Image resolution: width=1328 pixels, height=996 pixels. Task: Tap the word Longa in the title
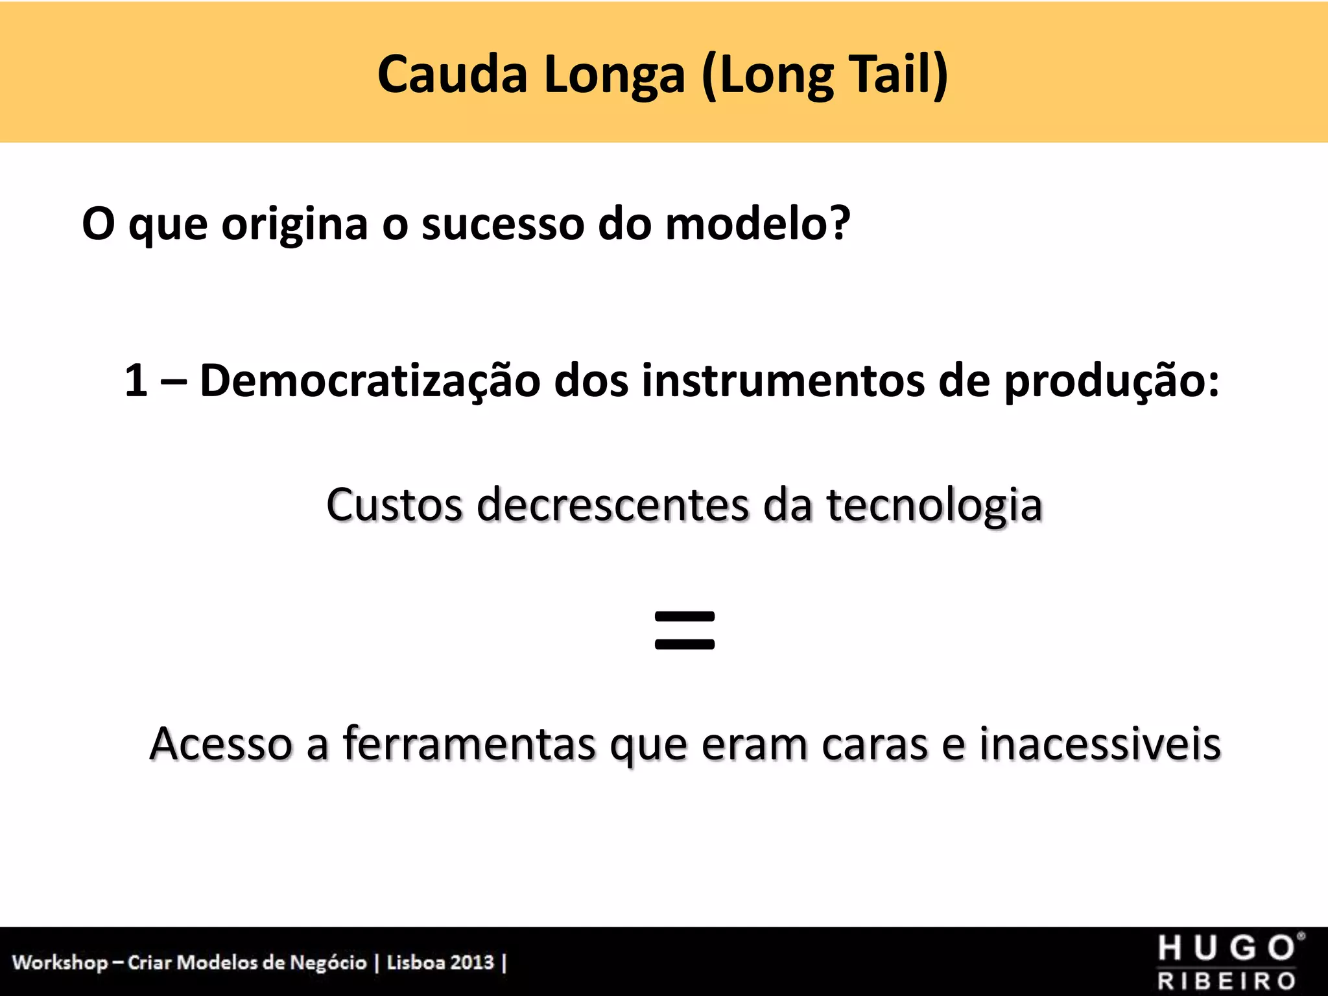[x=613, y=75]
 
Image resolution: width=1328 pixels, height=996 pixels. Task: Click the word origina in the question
[x=294, y=224]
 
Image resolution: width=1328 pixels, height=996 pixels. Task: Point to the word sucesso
[x=503, y=224]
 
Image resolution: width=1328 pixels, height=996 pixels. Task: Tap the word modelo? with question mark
[x=757, y=224]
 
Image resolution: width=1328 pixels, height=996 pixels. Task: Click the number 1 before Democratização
[x=136, y=380]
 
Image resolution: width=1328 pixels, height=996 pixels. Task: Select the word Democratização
[x=370, y=381]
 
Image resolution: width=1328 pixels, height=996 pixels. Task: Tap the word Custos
[x=394, y=504]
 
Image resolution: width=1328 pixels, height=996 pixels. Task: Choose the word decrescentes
[x=613, y=504]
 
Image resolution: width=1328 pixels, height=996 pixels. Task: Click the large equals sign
[x=685, y=630]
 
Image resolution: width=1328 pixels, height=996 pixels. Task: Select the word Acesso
[x=220, y=743]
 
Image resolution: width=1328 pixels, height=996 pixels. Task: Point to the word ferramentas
[x=469, y=743]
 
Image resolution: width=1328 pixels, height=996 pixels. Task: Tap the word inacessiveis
[x=1100, y=743]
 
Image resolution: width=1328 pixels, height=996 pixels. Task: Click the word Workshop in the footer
[x=60, y=962]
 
